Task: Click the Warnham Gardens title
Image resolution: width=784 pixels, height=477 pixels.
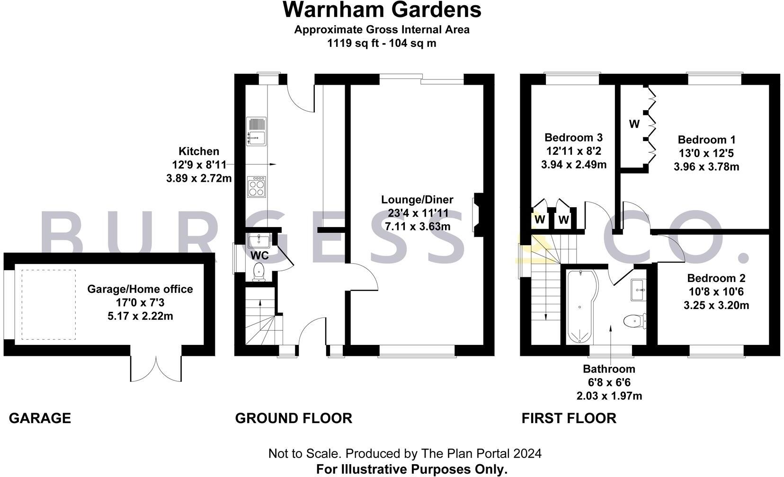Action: (x=382, y=10)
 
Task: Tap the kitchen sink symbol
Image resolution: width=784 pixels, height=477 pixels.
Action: (x=256, y=131)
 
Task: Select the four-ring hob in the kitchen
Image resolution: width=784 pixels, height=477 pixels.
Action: (x=257, y=186)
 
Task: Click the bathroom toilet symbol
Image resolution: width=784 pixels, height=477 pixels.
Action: (x=634, y=322)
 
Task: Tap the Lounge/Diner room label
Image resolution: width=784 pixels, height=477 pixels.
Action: (x=417, y=200)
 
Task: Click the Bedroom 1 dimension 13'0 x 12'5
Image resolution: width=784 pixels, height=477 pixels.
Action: (x=706, y=153)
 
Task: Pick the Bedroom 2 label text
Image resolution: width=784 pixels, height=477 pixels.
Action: (x=716, y=278)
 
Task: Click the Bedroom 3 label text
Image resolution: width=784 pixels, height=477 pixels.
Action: (x=573, y=138)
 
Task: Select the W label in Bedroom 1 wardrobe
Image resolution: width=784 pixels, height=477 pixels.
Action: (x=634, y=124)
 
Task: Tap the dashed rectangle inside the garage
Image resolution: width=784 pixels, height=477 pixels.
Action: (x=48, y=304)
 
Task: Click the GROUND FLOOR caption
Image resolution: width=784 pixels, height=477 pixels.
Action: (x=294, y=418)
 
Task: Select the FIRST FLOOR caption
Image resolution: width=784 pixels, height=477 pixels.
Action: (x=569, y=418)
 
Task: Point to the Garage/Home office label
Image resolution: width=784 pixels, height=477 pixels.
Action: (x=140, y=289)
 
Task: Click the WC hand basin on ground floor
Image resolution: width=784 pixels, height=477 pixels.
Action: (x=258, y=240)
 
